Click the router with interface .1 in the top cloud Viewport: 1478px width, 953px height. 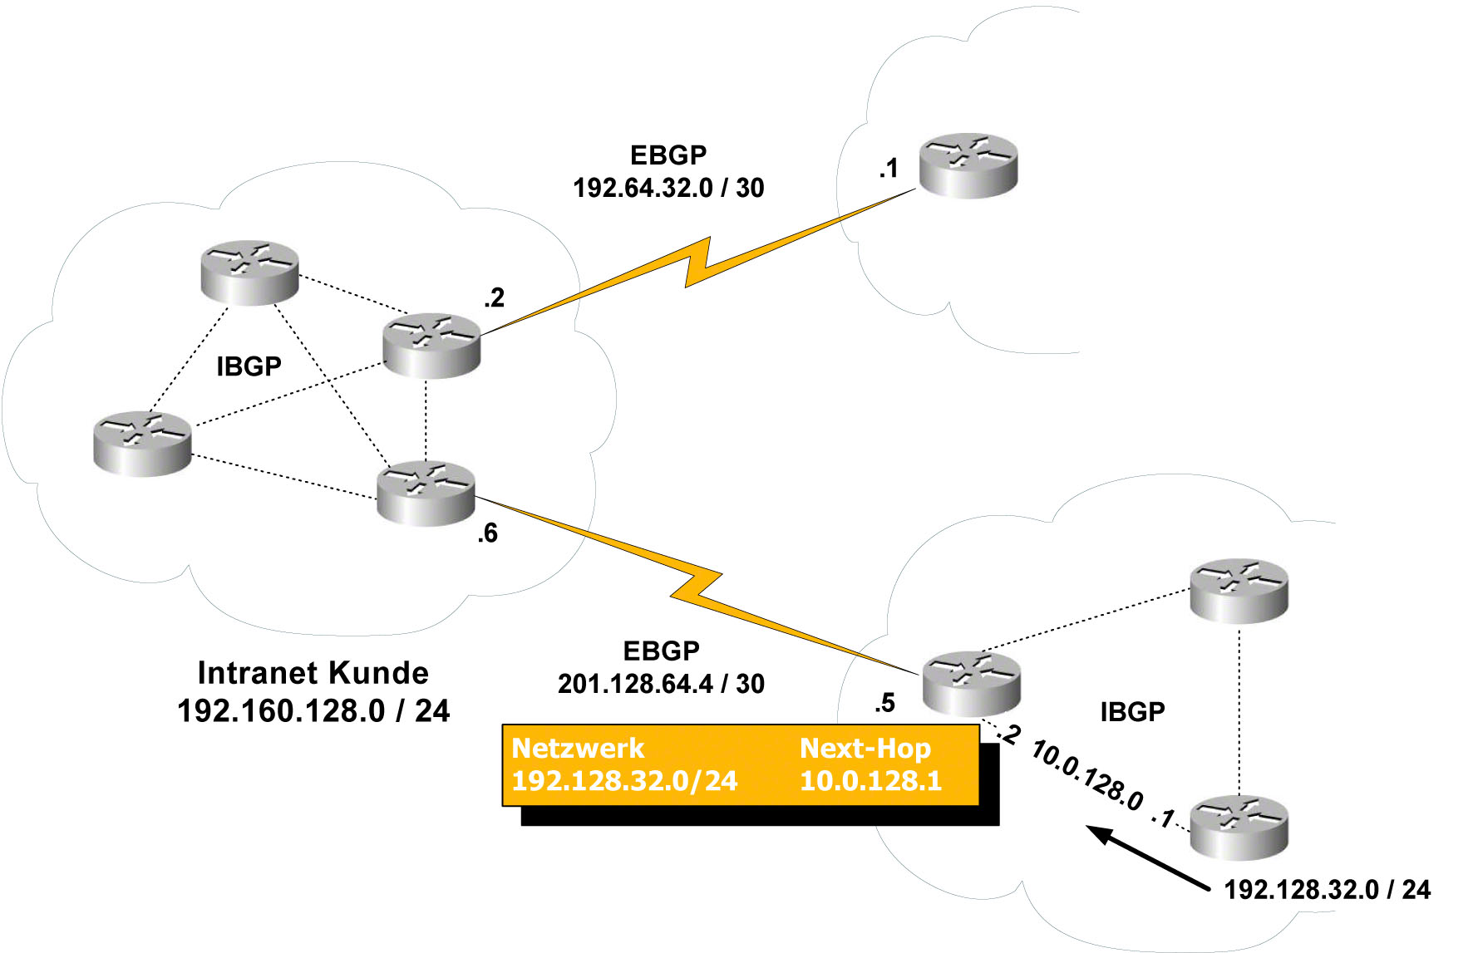pyautogui.click(x=968, y=166)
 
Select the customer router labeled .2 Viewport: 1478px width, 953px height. pyautogui.click(x=431, y=346)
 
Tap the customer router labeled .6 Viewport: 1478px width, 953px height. pyautogui.click(x=426, y=494)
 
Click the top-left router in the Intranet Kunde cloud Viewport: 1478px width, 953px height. pyautogui.click(x=249, y=273)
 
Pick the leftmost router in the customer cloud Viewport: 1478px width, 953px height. pyautogui.click(x=142, y=444)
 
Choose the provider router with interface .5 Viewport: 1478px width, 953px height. pyautogui.click(x=971, y=683)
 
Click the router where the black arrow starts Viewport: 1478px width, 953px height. pyautogui.click(x=1239, y=827)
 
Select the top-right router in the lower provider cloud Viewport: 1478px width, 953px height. pyautogui.click(x=1239, y=590)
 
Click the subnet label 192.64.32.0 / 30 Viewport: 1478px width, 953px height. pyautogui.click(x=668, y=189)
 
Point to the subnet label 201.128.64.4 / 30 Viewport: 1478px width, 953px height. pyautogui.click(x=661, y=684)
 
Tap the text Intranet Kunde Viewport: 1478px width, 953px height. pyautogui.click(x=313, y=672)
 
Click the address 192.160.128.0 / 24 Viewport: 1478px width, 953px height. pyautogui.click(x=313, y=711)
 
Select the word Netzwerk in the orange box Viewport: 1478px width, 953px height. pyautogui.click(x=578, y=748)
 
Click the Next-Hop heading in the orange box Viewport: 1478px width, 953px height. pyautogui.click(x=865, y=748)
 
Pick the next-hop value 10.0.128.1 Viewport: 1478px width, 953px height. pyautogui.click(x=870, y=781)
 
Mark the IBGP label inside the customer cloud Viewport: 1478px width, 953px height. pyautogui.click(x=249, y=366)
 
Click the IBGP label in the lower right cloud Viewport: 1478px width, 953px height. pyautogui.click(x=1132, y=712)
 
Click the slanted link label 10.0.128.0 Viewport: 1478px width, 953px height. pyautogui.click(x=1086, y=776)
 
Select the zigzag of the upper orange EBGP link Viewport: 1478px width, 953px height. pyautogui.click(x=698, y=262)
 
